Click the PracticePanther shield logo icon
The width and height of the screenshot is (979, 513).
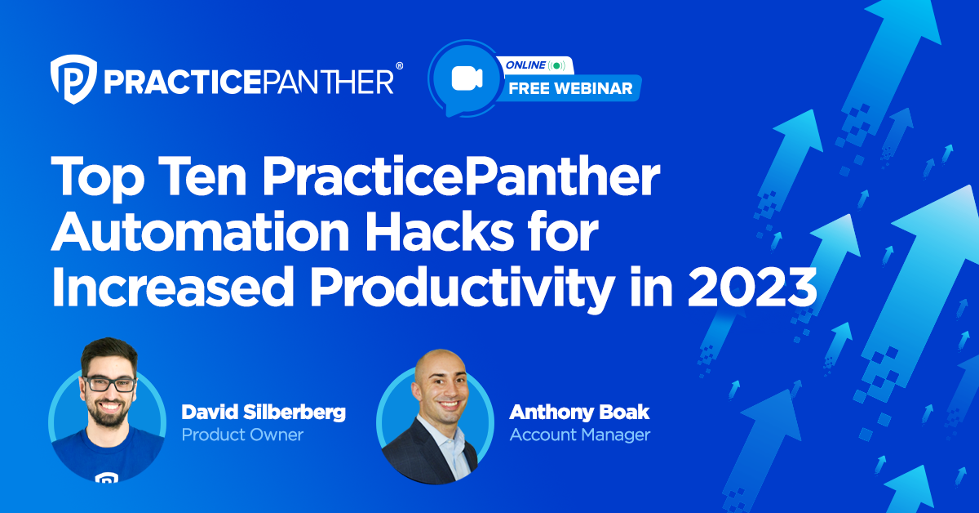pyautogui.click(x=71, y=79)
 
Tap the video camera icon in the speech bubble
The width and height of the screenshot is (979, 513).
pyautogui.click(x=467, y=78)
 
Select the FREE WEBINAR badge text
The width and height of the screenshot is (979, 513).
pyautogui.click(x=570, y=88)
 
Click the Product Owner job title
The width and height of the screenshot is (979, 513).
pyautogui.click(x=242, y=435)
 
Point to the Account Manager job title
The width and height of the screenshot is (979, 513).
pyautogui.click(x=579, y=435)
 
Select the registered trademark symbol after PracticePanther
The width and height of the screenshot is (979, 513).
pyautogui.click(x=399, y=65)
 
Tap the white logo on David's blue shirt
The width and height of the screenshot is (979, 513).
pyautogui.click(x=106, y=477)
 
